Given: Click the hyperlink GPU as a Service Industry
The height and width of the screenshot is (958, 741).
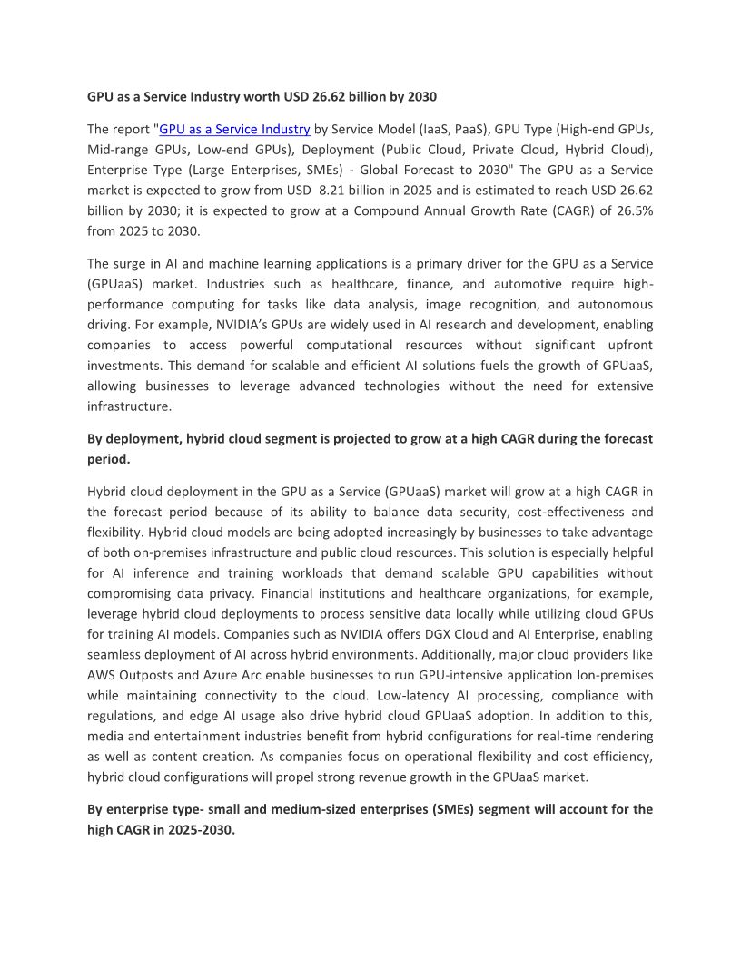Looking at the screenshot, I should [234, 129].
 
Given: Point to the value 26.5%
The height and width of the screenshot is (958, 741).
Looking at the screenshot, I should [633, 210].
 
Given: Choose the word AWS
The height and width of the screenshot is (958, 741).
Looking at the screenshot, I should [101, 674].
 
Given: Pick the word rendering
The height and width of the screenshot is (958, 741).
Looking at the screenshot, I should [624, 736].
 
